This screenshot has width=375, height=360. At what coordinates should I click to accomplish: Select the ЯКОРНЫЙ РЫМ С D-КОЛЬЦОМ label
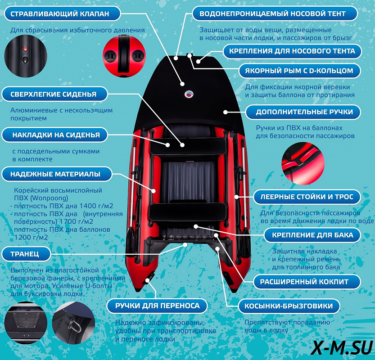coord(299,71)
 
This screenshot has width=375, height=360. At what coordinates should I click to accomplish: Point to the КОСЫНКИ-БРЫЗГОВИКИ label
coord(289,306)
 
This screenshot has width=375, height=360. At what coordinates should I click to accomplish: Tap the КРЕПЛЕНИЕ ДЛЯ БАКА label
coord(312,235)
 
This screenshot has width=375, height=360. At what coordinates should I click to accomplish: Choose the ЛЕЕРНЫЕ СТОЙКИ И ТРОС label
coord(307,197)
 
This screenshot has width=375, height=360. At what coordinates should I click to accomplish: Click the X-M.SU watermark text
coord(342,347)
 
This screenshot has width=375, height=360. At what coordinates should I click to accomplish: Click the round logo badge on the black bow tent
coord(189,94)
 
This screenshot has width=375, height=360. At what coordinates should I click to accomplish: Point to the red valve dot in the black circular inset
coord(25,49)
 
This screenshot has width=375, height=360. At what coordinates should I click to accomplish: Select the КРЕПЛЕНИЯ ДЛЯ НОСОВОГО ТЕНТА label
coord(292,51)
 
